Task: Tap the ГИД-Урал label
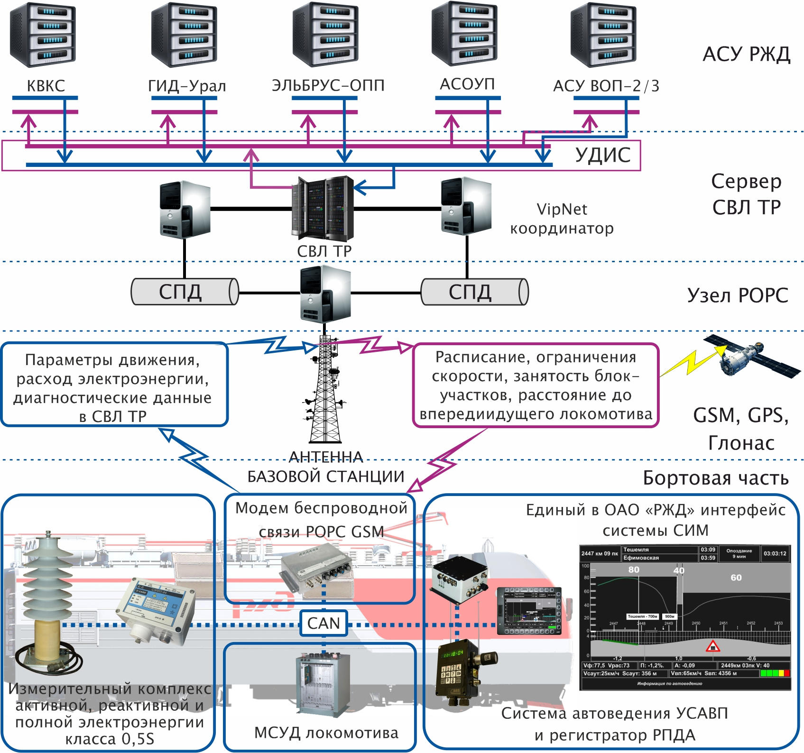click(187, 86)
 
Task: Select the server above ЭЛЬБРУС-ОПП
click(325, 34)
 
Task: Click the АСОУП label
click(467, 84)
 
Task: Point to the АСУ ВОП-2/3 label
click(606, 86)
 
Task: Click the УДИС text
click(602, 155)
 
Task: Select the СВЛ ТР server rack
click(323, 209)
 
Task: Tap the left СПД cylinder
click(185, 291)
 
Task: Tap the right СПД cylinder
click(474, 291)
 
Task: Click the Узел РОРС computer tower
click(325, 294)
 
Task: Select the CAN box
click(323, 623)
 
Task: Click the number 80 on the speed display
click(634, 569)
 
